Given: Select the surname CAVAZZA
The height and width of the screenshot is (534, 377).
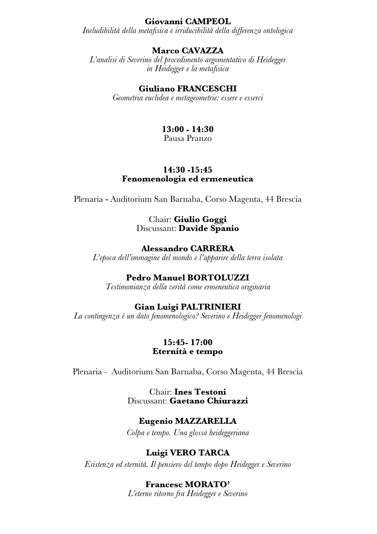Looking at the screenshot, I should (203, 51).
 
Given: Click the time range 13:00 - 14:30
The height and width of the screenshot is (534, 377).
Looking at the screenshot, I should (188, 129).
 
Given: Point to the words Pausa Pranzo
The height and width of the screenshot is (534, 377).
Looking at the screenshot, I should (188, 138).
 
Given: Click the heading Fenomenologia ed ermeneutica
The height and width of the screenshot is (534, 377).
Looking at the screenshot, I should (188, 179).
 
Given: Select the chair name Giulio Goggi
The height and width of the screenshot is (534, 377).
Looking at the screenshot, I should (200, 219).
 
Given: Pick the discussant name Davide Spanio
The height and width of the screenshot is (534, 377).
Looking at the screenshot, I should (209, 228).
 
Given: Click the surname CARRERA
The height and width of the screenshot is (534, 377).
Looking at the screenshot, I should (212, 249).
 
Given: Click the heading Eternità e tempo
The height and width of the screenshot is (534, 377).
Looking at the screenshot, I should (188, 351).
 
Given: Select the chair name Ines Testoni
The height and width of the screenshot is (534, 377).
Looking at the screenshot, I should (200, 392).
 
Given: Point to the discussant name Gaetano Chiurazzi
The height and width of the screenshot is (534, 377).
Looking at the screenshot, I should (209, 401).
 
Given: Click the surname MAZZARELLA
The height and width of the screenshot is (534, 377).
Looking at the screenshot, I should (206, 421).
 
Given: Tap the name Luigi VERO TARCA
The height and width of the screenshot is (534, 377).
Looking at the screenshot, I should (188, 453).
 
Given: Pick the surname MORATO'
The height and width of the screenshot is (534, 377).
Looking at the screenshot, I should (208, 485).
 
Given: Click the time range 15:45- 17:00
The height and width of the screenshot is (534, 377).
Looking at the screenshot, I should (188, 342).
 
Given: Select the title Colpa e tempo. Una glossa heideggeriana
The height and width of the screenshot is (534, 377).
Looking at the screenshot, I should (188, 433).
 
